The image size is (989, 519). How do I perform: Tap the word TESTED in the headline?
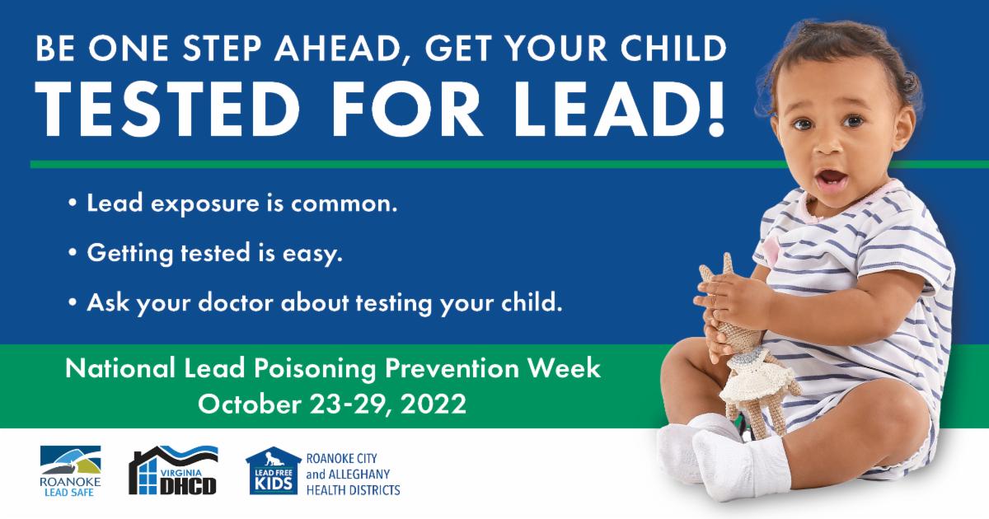click(168, 109)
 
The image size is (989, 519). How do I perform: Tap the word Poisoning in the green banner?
click(314, 369)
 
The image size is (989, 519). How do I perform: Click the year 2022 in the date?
click(434, 404)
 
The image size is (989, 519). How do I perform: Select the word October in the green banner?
click(250, 404)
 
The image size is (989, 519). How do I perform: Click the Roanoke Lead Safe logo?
click(70, 471)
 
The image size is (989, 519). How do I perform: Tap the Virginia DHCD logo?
click(173, 470)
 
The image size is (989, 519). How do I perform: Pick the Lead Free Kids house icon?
click(274, 471)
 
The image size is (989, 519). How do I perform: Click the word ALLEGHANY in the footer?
click(359, 475)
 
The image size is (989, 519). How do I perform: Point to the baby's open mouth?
click(831, 180)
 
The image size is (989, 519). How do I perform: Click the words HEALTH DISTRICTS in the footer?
click(354, 490)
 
